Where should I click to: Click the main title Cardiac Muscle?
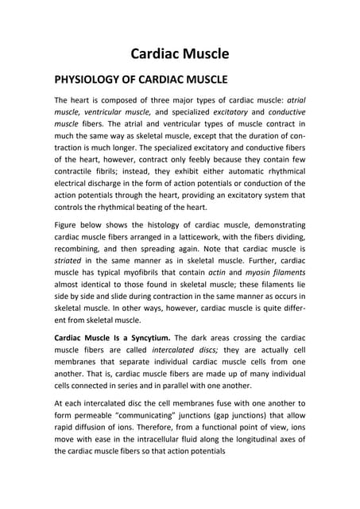pos(180,54)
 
